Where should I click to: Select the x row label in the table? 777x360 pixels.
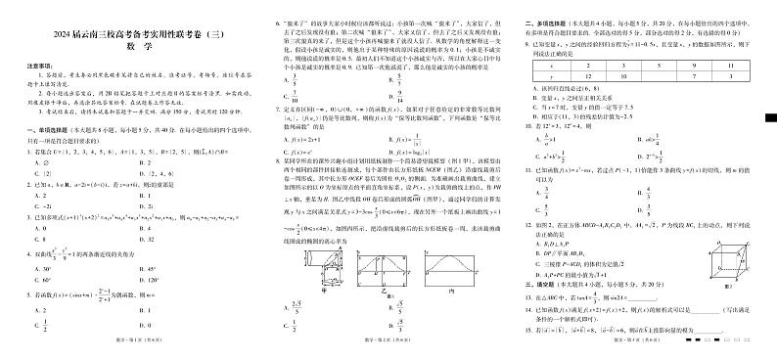point(538,66)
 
